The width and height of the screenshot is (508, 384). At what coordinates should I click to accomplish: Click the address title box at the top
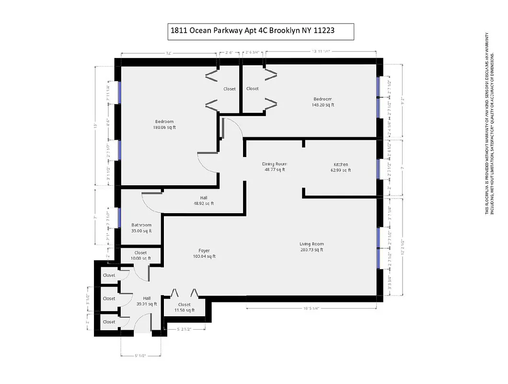point(260,31)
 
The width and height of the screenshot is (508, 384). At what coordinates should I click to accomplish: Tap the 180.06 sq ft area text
point(164,128)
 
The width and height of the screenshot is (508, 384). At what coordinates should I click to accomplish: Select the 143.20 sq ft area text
point(323,105)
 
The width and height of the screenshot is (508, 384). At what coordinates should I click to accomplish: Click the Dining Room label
point(274,164)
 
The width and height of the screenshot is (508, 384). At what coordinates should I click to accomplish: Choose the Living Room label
point(311,244)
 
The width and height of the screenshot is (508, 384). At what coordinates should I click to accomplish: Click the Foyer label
point(204,251)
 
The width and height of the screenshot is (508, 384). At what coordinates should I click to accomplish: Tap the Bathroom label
point(141,225)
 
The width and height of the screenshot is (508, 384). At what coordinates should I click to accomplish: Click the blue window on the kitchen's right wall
point(379,168)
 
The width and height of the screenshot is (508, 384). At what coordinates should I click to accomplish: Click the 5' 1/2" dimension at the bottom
point(139,356)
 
